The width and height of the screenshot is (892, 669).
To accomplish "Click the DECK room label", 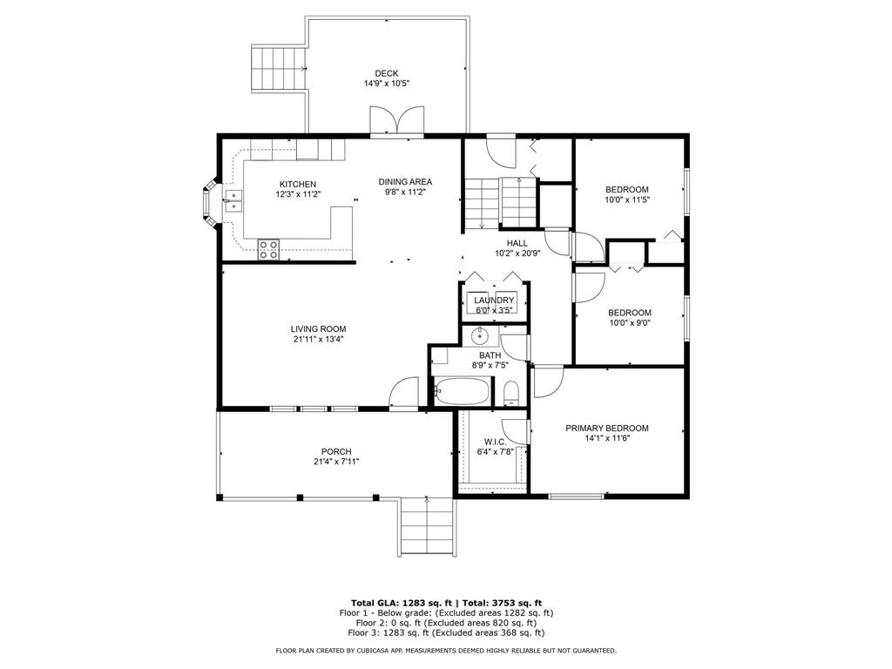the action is click(386, 73).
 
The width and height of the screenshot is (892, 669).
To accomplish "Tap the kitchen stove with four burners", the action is click(268, 250).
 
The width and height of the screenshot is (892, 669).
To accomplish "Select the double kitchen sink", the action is click(233, 201).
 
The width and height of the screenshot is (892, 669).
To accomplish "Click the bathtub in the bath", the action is click(462, 391).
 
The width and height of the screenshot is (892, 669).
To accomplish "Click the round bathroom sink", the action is click(481, 336).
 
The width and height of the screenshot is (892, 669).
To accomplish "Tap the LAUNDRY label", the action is click(494, 301).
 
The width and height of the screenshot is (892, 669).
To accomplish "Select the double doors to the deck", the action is click(396, 119).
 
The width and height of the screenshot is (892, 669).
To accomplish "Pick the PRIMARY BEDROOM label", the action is click(607, 429).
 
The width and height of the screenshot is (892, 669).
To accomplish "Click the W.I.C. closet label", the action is click(495, 442).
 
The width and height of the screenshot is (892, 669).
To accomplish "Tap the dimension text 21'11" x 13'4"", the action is click(319, 339).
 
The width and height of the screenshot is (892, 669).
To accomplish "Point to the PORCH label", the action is click(336, 452).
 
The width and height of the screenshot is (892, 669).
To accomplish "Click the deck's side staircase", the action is click(280, 70).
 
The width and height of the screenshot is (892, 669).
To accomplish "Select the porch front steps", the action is click(427, 525).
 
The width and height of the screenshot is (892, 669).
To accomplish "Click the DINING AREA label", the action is click(406, 182).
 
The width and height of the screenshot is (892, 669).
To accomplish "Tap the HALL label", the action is click(517, 244).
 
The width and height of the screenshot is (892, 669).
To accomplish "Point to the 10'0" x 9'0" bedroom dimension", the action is click(630, 322).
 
